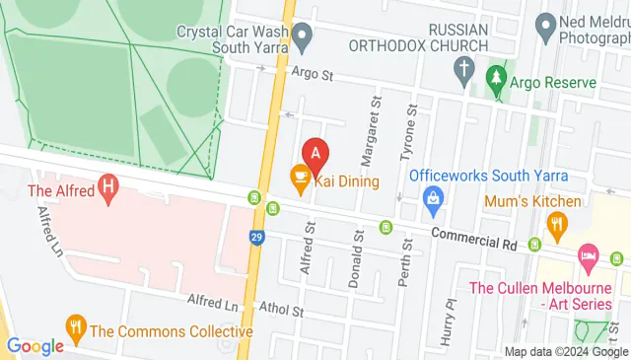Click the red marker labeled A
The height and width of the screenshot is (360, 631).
pos(315,154)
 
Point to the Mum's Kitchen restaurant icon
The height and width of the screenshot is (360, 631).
pos(557,224)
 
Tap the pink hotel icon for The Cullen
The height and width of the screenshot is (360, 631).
pos(588,254)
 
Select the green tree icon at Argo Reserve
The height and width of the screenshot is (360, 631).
pos(499,78)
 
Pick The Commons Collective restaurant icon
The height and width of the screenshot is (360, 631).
pos(75,324)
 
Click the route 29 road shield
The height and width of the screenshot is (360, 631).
pos(256,238)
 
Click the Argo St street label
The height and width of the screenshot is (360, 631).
pos(313,73)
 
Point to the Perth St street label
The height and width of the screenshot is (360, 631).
pos(402,262)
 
